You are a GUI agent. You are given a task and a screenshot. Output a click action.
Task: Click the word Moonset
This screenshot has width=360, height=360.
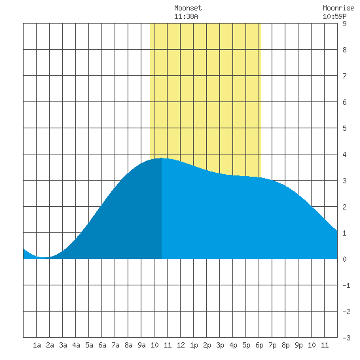click(188, 8)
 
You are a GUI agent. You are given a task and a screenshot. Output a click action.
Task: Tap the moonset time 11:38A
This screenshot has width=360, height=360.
click(186, 16)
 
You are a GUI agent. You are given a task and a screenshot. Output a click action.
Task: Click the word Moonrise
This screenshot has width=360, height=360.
click(338, 8)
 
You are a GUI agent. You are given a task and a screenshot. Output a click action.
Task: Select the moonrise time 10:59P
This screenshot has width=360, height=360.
click(334, 16)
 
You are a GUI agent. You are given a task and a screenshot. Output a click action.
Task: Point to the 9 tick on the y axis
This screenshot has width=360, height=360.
click(344, 24)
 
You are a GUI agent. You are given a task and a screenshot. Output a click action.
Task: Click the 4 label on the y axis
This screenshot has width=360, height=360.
click(344, 154)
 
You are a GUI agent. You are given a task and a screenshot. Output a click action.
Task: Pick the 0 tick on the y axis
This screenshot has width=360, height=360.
click(344, 259)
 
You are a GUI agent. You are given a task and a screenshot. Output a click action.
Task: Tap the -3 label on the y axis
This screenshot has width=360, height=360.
click(346, 338)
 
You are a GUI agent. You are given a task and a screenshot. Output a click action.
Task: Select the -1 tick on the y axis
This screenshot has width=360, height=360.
click(346, 285)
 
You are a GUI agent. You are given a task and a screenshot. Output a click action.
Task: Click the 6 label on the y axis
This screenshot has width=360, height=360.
click(344, 102)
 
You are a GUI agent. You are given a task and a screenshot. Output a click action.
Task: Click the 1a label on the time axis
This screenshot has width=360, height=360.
click(37, 345)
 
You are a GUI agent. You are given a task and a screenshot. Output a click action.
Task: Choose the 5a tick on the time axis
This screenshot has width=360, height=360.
click(89, 345)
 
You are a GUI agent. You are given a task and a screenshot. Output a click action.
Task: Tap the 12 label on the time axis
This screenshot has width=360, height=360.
click(181, 345)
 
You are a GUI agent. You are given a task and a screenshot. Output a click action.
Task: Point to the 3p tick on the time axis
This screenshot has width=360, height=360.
click(220, 345)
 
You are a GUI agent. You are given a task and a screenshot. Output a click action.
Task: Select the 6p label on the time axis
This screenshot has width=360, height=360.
click(259, 345)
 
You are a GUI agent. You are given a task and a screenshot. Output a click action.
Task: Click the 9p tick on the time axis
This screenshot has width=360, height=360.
click(298, 345)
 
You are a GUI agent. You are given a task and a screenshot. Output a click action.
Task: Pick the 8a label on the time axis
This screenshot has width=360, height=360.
click(128, 345)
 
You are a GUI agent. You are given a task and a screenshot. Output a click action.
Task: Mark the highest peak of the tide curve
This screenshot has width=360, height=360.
click(162, 158)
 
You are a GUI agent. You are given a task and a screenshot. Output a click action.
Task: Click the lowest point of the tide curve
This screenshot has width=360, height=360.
click(44, 257)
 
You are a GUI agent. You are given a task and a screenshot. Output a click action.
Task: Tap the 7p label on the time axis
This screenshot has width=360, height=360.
click(272, 345)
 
